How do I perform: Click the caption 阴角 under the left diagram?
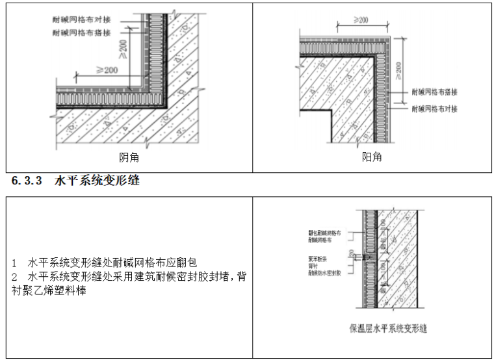click(x=129, y=157)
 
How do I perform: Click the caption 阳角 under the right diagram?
click(x=371, y=157)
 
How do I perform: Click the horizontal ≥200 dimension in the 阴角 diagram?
click(x=108, y=70)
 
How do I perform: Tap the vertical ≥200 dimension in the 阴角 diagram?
click(x=123, y=47)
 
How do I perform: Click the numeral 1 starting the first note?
click(x=14, y=263)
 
